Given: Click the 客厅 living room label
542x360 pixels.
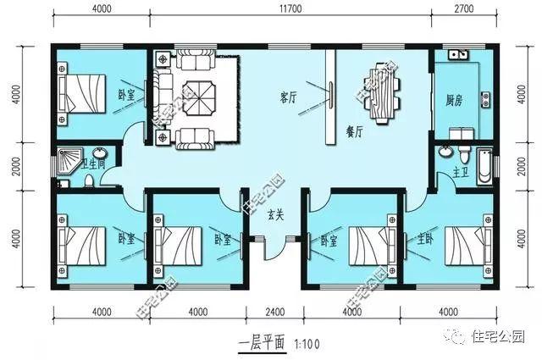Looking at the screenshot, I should pyautogui.click(x=287, y=97).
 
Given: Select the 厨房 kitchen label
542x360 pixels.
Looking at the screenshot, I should pyautogui.click(x=454, y=97).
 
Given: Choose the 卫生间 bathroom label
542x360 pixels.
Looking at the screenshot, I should pyautogui.click(x=93, y=163).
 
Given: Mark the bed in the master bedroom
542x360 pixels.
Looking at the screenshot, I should pyautogui.click(x=461, y=246).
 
